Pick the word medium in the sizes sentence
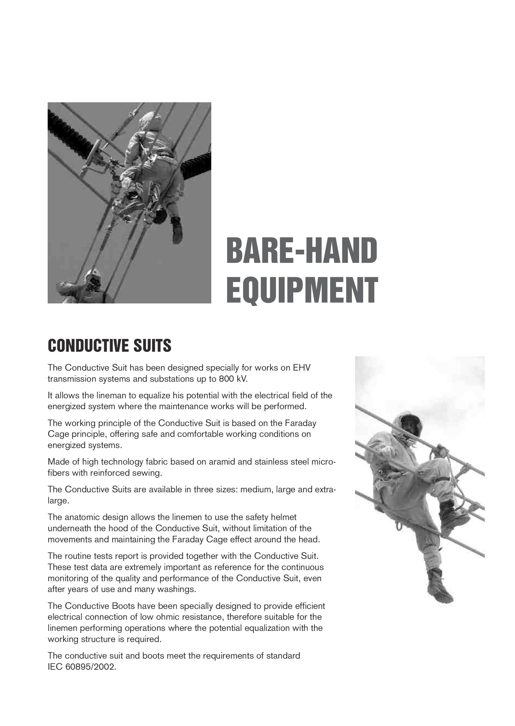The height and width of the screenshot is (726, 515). (257, 490)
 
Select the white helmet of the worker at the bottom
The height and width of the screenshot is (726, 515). (92, 273)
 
